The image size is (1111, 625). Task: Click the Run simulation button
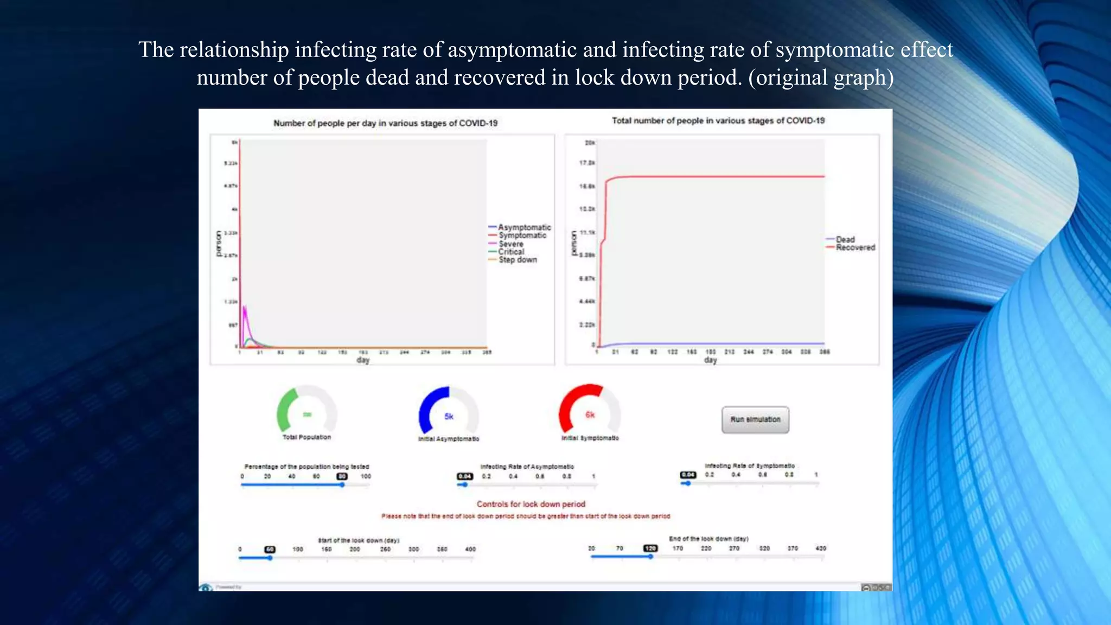755,419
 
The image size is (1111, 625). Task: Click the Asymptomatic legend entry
523,227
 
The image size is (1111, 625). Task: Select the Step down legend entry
517,260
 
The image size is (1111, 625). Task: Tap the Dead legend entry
845,239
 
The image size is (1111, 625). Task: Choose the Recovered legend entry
854,247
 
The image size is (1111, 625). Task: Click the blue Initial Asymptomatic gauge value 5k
449,416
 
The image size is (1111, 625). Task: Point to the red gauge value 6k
590,414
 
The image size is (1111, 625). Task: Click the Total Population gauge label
307,437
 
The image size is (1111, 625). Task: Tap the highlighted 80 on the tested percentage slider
342,476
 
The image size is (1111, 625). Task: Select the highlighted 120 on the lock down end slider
650,548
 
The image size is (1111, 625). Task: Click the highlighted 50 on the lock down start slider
270,549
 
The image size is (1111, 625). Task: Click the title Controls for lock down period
531,504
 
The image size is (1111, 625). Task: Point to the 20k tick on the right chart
590,143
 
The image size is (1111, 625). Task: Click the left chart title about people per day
385,123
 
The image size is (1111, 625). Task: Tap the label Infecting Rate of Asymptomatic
527,467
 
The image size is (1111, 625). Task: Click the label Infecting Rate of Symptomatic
750,465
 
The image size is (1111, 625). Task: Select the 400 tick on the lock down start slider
470,549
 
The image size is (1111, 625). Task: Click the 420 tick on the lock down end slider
821,548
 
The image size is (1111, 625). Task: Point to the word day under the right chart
710,360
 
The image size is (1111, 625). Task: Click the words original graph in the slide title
821,78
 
